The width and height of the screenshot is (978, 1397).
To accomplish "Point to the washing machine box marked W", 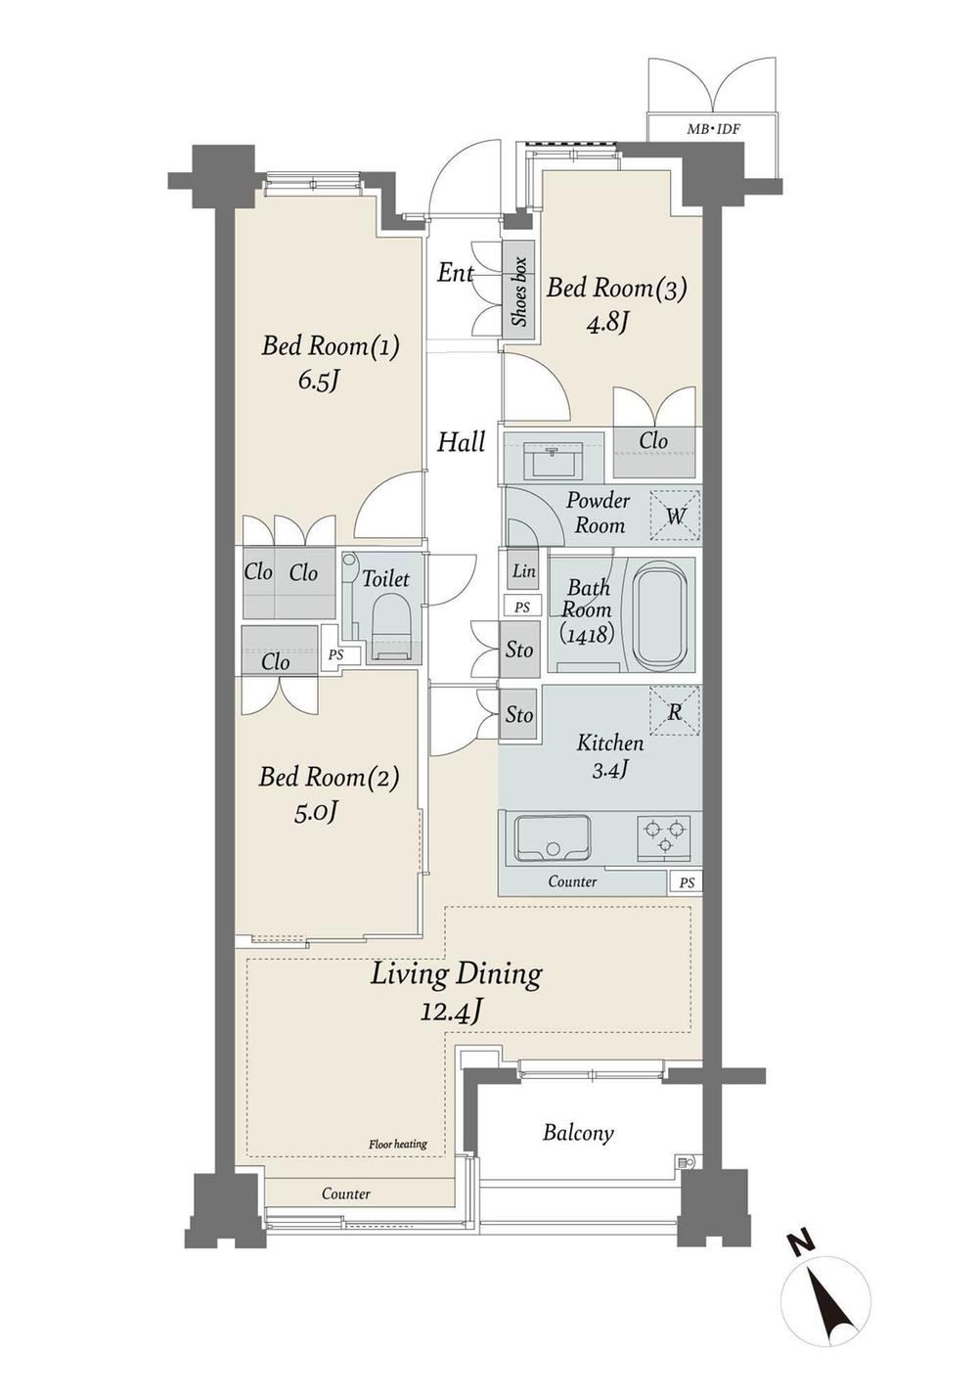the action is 675,516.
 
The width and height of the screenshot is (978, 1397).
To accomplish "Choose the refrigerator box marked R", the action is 675,709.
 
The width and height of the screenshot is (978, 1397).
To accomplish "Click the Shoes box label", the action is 519,292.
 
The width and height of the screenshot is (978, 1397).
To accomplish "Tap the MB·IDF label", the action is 712,129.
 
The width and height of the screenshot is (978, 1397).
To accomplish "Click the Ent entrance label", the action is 455,273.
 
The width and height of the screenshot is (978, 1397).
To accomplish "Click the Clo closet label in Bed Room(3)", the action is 652,441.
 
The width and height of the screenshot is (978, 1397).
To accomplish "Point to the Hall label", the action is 461,442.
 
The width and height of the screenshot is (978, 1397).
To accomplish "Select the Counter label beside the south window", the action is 346,1194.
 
